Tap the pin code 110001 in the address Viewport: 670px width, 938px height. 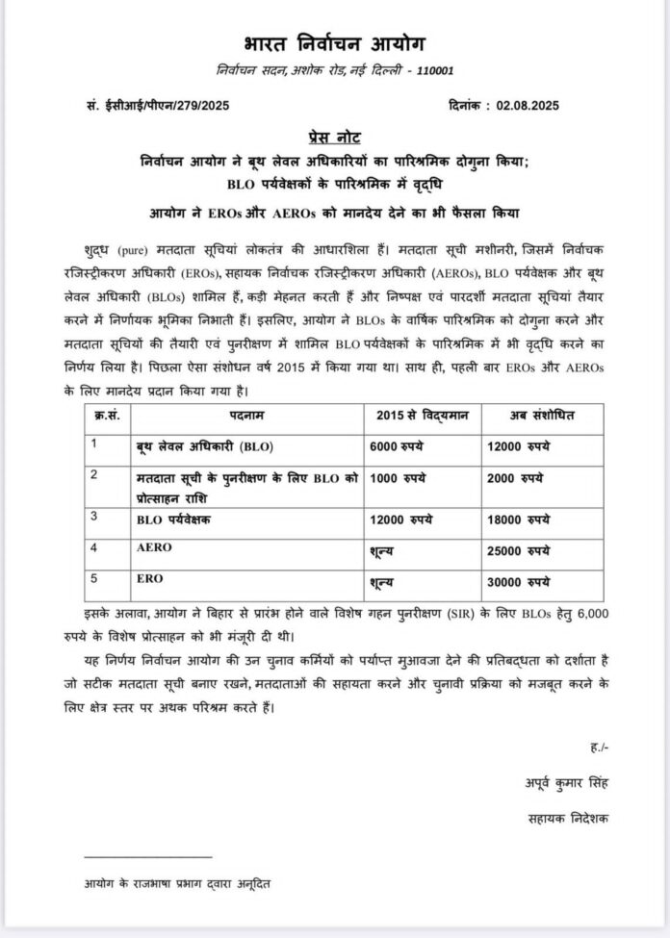point(433,70)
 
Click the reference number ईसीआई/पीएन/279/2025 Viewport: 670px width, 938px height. point(167,106)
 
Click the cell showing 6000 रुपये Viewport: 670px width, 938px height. point(398,446)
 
